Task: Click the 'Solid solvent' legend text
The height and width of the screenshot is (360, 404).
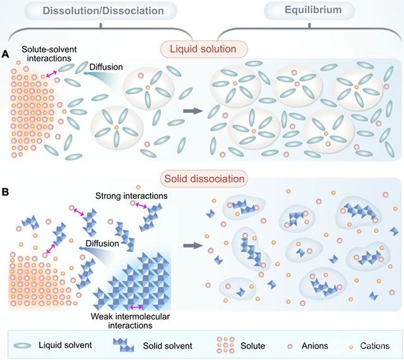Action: [x=165, y=345]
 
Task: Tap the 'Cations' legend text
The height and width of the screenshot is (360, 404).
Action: [x=377, y=346]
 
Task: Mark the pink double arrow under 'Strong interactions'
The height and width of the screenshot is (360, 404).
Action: [x=141, y=206]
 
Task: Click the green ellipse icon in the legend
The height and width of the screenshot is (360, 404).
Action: [x=27, y=345]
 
